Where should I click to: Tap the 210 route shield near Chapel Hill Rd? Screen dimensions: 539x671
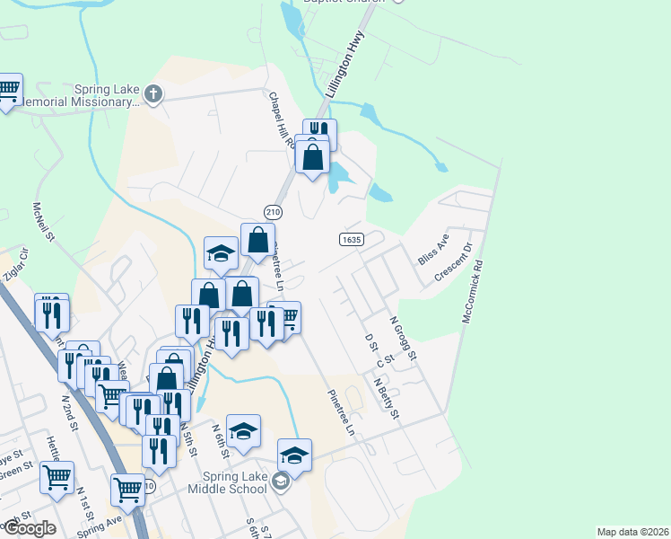[x=274, y=211]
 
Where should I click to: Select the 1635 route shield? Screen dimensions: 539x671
[x=351, y=239]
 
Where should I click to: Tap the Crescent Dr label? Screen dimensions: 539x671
[x=453, y=262]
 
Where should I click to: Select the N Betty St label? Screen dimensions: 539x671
[x=388, y=400]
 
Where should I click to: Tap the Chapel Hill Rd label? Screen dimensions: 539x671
[x=280, y=119]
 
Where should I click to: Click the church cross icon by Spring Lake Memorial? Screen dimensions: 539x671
[x=153, y=93]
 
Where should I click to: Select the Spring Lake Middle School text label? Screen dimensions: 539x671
[x=228, y=482]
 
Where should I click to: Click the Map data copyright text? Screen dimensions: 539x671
[x=633, y=532]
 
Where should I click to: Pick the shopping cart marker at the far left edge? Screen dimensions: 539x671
[x=7, y=90]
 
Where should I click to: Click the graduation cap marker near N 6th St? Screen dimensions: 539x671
[x=243, y=432]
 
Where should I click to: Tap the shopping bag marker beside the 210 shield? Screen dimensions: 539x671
[x=257, y=240]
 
